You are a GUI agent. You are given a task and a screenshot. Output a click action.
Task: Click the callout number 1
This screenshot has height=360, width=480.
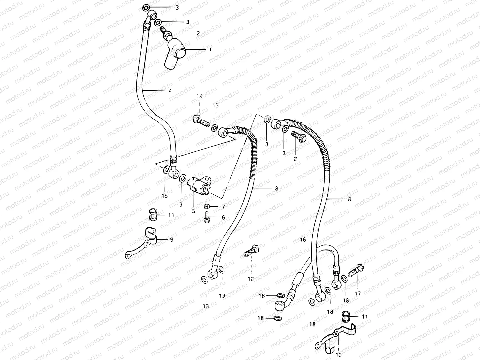210,49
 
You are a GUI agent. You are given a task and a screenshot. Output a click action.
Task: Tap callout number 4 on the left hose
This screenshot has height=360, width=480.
170,91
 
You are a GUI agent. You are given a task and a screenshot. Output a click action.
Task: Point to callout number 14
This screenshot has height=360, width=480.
199,96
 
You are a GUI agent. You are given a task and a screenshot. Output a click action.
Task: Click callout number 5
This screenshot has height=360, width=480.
193,211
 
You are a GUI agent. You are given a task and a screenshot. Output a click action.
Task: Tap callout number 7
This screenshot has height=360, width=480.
223,207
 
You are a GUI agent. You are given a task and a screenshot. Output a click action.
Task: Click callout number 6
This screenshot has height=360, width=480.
223,218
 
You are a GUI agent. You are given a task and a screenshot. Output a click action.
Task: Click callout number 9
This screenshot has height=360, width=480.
172,240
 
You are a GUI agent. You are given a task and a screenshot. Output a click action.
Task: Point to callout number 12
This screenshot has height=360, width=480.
250,279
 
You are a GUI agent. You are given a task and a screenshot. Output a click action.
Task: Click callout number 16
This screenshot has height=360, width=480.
303,240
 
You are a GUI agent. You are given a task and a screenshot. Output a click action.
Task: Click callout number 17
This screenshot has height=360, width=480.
358,293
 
